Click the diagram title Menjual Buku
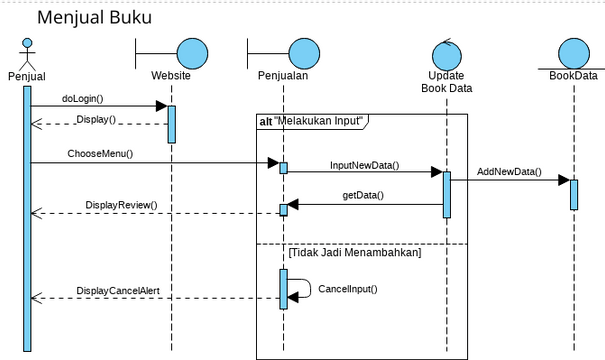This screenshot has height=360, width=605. click(95, 18)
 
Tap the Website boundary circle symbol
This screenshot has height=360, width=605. click(191, 52)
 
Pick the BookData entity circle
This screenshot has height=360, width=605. click(574, 52)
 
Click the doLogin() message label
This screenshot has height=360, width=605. click(83, 99)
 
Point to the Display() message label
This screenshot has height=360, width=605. click(96, 119)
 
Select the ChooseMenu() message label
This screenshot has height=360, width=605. click(100, 154)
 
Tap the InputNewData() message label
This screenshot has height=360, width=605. click(364, 165)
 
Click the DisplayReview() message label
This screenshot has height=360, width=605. click(121, 205)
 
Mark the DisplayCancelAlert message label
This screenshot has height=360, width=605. click(119, 291)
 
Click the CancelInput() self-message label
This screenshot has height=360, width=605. click(347, 289)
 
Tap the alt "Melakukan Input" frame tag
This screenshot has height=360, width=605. click(310, 121)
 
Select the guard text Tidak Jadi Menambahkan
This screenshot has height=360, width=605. click(354, 253)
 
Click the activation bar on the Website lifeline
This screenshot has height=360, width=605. click(171, 123)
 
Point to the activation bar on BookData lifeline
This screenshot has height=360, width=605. click(574, 193)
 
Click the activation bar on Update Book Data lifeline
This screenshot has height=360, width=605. click(446, 194)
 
